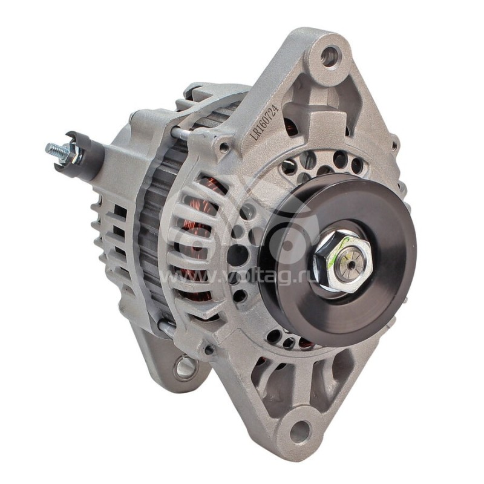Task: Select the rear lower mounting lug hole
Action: click(185, 365)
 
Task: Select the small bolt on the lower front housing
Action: click(209, 350)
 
